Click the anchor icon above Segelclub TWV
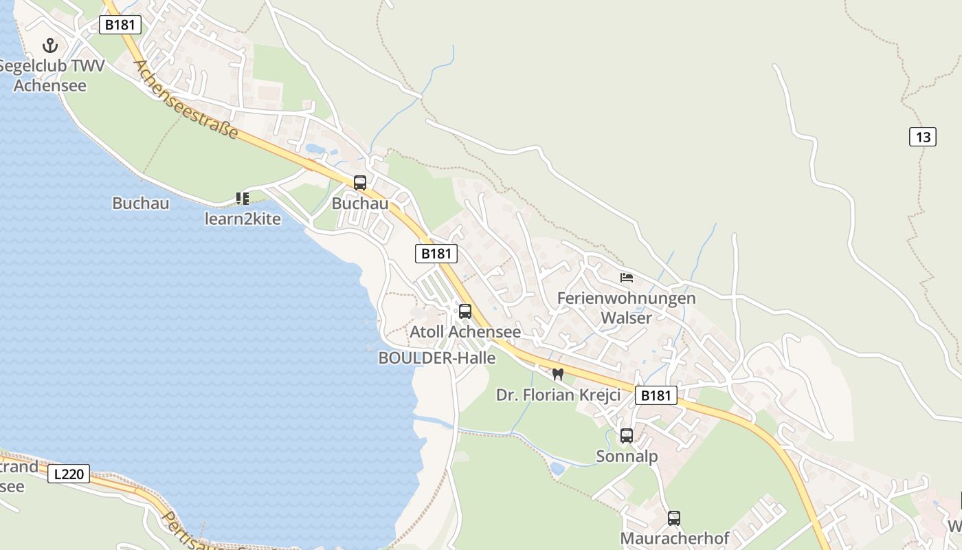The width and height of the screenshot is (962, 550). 49,46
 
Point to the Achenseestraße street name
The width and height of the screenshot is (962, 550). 186,99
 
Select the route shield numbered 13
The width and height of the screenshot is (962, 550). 922,137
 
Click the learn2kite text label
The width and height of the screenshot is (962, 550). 243,219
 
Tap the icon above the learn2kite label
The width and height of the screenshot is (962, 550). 242,199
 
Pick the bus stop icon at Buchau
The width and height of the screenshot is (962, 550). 360,183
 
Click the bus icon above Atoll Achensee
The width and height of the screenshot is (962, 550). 465,311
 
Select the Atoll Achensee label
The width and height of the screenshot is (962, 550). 465,332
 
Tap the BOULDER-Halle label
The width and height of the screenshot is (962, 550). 437,358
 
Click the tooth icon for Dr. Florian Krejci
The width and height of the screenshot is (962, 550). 558,375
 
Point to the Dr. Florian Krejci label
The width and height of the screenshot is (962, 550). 558,395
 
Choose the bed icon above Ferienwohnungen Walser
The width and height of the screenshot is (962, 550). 627,278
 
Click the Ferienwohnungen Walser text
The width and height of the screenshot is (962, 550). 626,308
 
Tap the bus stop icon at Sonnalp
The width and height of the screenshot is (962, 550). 627,436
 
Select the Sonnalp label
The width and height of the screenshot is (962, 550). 627,456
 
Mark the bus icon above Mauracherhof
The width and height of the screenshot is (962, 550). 674,518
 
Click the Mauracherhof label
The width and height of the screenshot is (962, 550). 674,538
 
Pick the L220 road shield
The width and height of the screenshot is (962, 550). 69,474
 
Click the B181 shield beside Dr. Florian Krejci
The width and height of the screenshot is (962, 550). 656,395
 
